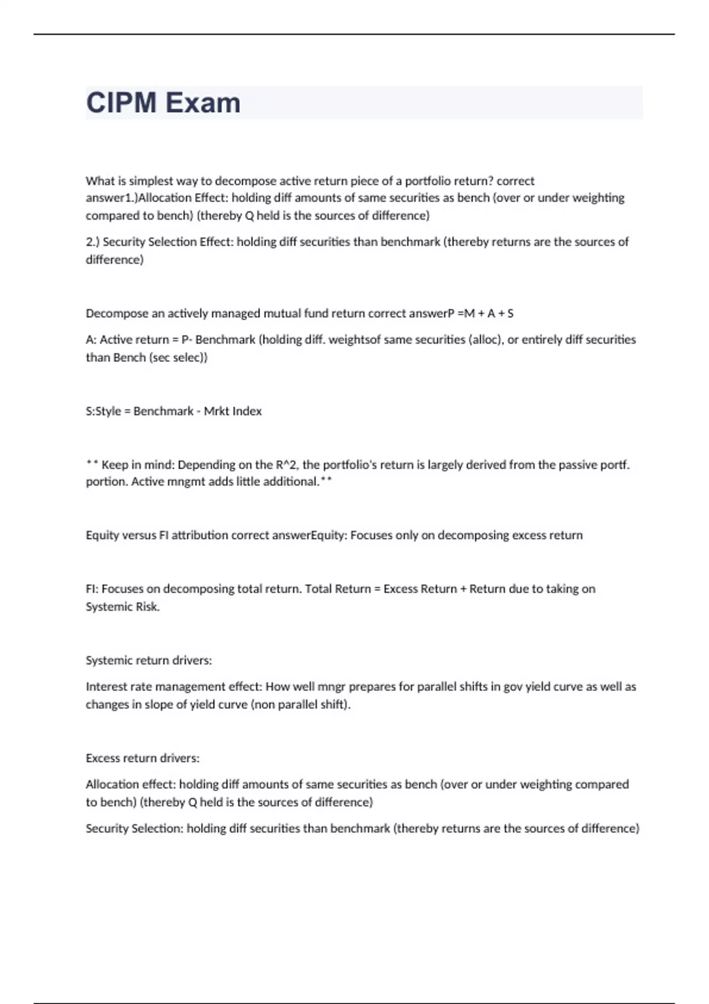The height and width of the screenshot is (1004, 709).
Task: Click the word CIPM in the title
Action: tap(122, 103)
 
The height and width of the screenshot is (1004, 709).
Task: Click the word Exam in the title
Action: tap(203, 103)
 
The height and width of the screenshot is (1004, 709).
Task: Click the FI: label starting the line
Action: tap(92, 589)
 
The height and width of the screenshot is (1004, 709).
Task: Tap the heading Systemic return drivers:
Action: tap(149, 660)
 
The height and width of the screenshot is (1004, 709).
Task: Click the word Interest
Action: tap(105, 687)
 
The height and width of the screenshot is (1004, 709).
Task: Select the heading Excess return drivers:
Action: tap(142, 758)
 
